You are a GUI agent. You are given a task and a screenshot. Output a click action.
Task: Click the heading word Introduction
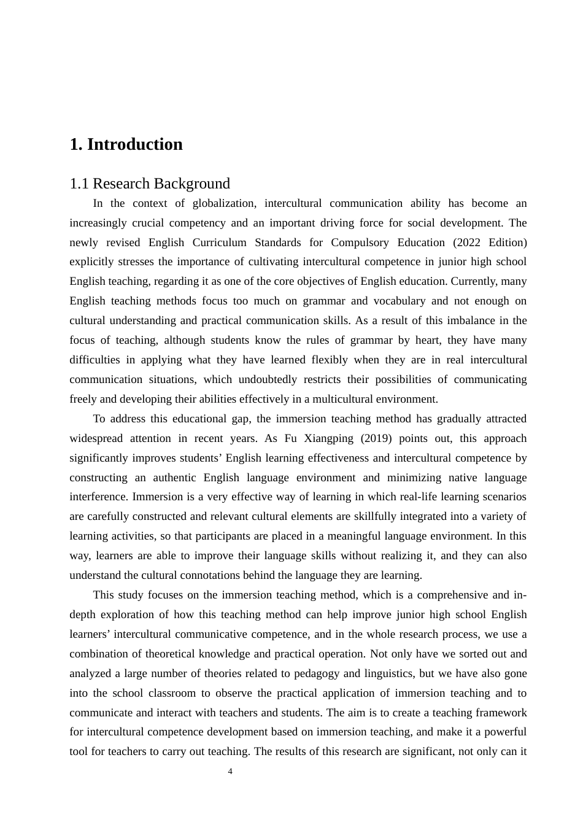(x=134, y=144)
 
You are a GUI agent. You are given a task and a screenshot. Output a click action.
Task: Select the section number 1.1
(x=79, y=184)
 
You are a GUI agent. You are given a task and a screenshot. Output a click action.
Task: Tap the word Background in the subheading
(x=192, y=184)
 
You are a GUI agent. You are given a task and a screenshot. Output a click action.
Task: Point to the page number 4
(x=230, y=772)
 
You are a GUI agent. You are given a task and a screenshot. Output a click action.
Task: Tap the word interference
(x=99, y=497)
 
